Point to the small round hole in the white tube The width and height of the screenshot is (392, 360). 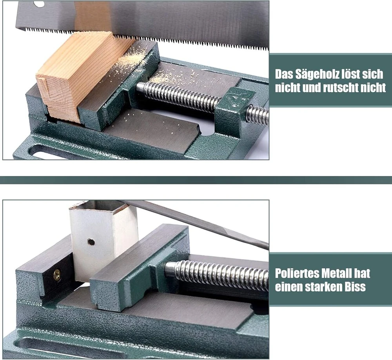click(91, 242)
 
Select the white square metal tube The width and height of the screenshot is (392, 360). click(104, 242)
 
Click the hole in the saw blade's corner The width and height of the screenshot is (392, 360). click(38, 4)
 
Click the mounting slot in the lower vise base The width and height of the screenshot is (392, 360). click(75, 348)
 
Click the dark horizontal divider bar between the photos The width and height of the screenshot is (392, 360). click(196, 180)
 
